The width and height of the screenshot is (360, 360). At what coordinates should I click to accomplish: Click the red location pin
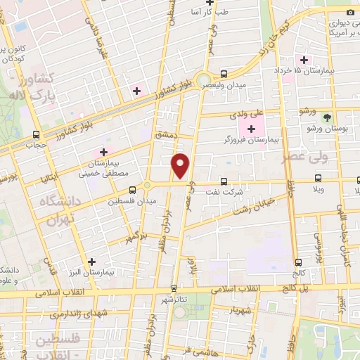tap(181, 165)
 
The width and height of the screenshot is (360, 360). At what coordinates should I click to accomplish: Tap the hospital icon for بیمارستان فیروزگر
tap(251, 129)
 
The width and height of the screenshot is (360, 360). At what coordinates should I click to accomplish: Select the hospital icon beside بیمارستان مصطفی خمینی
tap(103, 152)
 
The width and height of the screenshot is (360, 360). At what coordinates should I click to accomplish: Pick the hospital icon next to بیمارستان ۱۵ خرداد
tap(304, 60)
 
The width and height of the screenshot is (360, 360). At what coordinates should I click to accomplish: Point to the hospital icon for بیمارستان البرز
tap(91, 262)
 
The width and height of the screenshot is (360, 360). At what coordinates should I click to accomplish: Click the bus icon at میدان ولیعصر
tap(224, 74)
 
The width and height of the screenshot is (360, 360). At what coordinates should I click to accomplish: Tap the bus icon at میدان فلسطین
tap(132, 190)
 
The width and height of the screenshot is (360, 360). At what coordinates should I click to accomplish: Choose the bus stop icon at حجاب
tap(36, 135)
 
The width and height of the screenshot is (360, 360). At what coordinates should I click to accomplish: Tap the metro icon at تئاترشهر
tap(174, 288)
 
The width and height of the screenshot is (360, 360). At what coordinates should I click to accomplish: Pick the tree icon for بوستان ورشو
tap(327, 117)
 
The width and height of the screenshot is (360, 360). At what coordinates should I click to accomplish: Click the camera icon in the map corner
tap(350, 12)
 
